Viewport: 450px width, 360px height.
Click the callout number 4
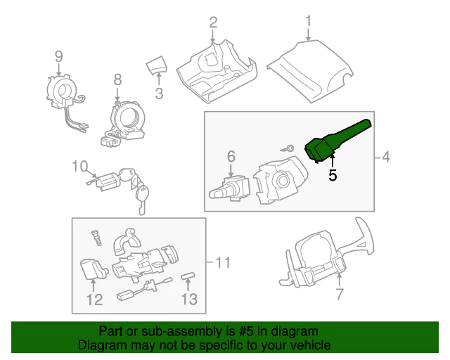386,157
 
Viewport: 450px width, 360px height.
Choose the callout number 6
230,157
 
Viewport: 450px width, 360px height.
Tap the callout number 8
117,79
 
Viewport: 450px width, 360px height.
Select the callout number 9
59,55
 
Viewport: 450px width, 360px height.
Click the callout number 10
80,167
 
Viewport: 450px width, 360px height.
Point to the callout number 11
222,263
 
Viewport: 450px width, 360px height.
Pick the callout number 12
94,300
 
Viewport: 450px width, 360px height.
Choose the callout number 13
188,300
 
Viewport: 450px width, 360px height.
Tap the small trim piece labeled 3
156,67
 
